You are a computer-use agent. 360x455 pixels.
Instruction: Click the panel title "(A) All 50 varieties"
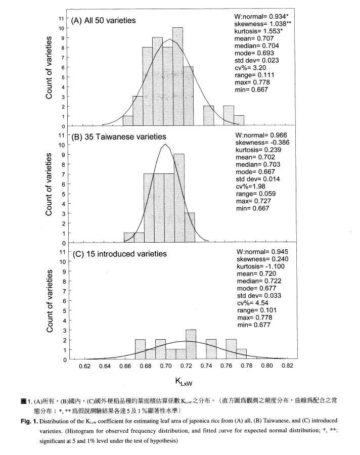(108, 21)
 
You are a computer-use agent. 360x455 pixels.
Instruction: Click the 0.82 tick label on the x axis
(288, 366)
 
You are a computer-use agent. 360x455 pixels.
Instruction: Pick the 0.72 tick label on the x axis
(187, 366)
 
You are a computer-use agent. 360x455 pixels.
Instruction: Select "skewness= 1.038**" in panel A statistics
(259, 24)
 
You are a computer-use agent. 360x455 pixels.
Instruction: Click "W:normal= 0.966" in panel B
(260, 136)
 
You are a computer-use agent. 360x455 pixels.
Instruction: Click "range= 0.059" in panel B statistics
(255, 193)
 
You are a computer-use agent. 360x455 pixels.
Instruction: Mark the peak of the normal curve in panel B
(165, 145)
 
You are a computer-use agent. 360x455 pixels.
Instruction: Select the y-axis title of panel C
(50, 300)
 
